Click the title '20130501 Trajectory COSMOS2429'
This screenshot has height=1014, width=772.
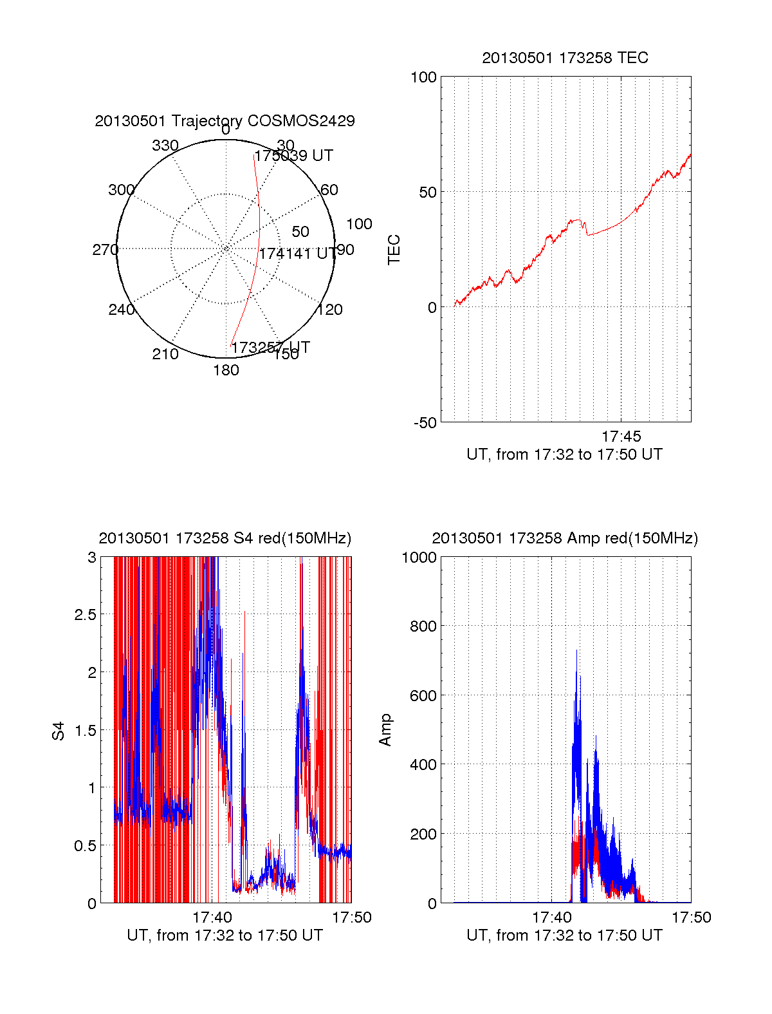pos(225,121)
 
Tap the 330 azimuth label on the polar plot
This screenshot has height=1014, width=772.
pos(165,146)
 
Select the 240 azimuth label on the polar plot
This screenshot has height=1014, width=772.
pos(121,310)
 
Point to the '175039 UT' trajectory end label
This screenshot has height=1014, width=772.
pos(294,156)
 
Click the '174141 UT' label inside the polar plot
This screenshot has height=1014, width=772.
pos(297,254)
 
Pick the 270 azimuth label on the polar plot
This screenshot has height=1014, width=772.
pos(105,250)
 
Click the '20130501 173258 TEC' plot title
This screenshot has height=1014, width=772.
pos(565,58)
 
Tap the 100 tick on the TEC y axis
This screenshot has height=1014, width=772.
pos(423,77)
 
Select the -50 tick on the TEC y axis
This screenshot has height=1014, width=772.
pos(425,423)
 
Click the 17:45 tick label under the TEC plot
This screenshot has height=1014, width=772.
pos(621,437)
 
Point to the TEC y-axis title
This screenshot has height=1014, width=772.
pos(394,250)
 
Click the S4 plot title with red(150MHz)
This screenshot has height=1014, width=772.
pos(225,538)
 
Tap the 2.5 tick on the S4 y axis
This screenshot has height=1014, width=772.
pos(85,615)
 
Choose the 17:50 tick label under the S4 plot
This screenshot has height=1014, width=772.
pos(351,917)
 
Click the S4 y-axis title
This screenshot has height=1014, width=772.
pos(59,731)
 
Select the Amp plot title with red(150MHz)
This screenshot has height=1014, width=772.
pos(565,538)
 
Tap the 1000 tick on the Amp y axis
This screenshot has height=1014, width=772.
pos(419,558)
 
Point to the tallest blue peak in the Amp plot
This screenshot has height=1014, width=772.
pos(576,650)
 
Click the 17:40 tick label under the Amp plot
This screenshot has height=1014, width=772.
pos(552,917)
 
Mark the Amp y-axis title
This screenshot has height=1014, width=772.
pos(385,730)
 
